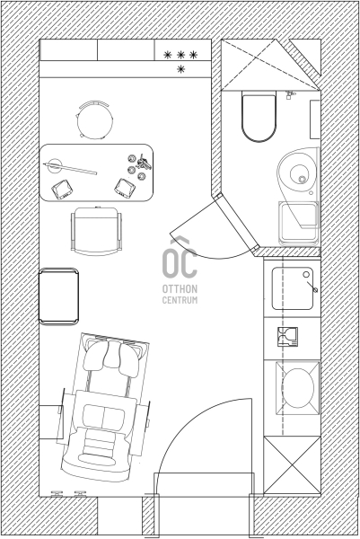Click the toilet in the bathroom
(x=259, y=116)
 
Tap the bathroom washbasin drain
(x=303, y=179)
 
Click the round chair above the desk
(x=94, y=120)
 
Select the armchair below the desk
(x=96, y=231)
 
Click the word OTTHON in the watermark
(x=180, y=288)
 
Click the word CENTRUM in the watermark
(x=180, y=300)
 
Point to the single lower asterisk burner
(x=180, y=69)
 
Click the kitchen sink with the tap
(x=293, y=288)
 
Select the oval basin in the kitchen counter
(x=298, y=388)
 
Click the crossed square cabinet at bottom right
(x=292, y=465)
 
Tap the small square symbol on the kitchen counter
(x=287, y=337)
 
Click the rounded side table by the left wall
(x=58, y=296)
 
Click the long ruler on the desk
(x=70, y=169)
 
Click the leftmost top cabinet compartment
(x=69, y=50)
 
